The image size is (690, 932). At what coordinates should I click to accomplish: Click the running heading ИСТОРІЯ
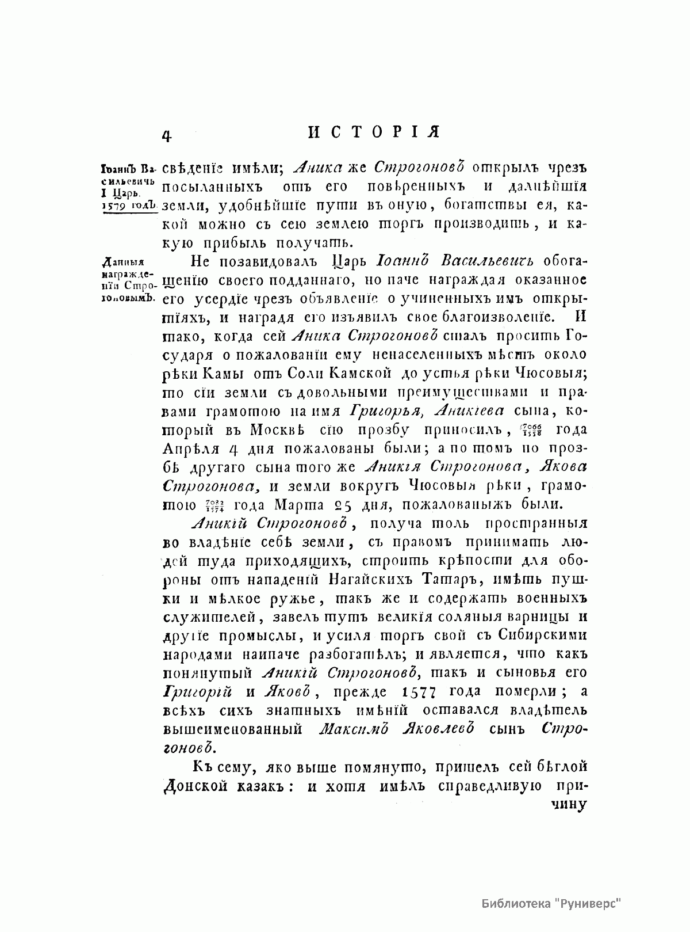pyautogui.click(x=374, y=132)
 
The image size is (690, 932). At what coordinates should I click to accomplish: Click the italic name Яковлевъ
pyautogui.click(x=438, y=729)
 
